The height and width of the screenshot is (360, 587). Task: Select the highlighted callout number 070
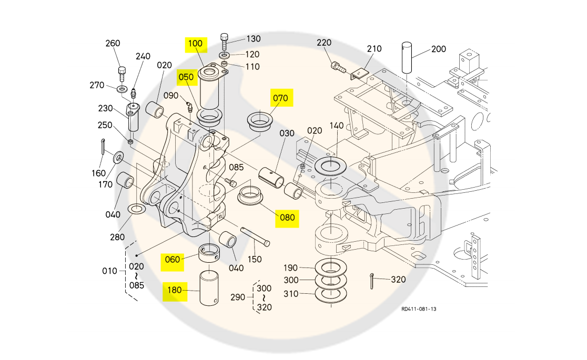[x=280, y=98]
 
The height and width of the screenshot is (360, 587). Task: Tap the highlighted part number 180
[x=175, y=290]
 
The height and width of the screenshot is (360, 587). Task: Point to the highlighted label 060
[x=173, y=259]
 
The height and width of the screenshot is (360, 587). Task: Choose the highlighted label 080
[x=287, y=217]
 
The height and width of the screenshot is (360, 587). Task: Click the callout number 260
[x=113, y=43]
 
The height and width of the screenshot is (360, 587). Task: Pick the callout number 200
[x=439, y=49]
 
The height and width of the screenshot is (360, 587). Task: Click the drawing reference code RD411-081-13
[x=419, y=309]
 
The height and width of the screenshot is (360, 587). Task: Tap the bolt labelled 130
[x=225, y=40]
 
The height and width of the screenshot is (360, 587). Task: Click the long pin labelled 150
[x=256, y=236]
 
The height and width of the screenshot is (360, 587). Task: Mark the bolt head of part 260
[x=122, y=70]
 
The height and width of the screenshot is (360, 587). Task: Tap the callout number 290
[x=238, y=297]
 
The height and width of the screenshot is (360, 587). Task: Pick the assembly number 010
[x=110, y=271]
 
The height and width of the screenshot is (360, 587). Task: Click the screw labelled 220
[x=338, y=66]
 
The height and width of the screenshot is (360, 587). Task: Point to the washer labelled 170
[x=118, y=157]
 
